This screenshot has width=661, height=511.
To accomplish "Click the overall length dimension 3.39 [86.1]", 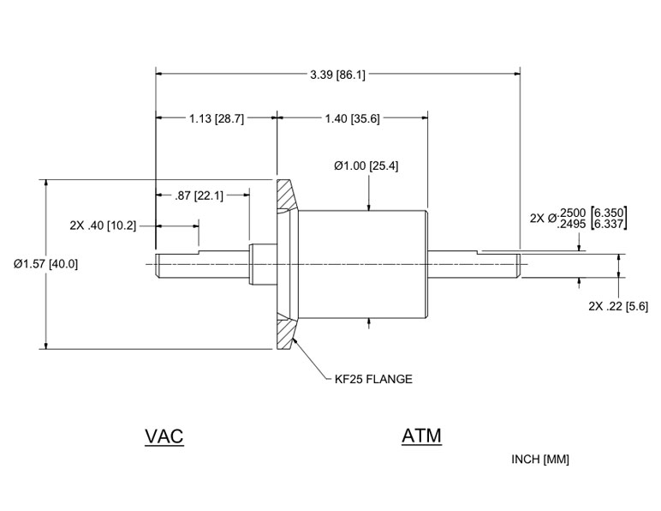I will [337, 75].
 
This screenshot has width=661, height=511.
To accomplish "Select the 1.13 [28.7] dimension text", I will [216, 119].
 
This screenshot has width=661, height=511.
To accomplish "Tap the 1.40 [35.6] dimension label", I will [353, 119].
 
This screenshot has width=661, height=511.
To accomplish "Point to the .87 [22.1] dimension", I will [199, 195].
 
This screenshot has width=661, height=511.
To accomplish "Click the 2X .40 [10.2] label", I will [102, 225].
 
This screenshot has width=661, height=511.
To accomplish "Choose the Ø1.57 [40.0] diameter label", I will [46, 264].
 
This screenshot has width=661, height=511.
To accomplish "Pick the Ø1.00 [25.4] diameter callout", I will [366, 165].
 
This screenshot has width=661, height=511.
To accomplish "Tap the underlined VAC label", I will [164, 436].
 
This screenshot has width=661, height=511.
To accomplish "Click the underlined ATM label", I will [421, 436].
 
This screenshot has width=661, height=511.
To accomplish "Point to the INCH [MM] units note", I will [539, 460].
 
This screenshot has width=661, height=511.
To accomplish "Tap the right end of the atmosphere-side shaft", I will [517, 264].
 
